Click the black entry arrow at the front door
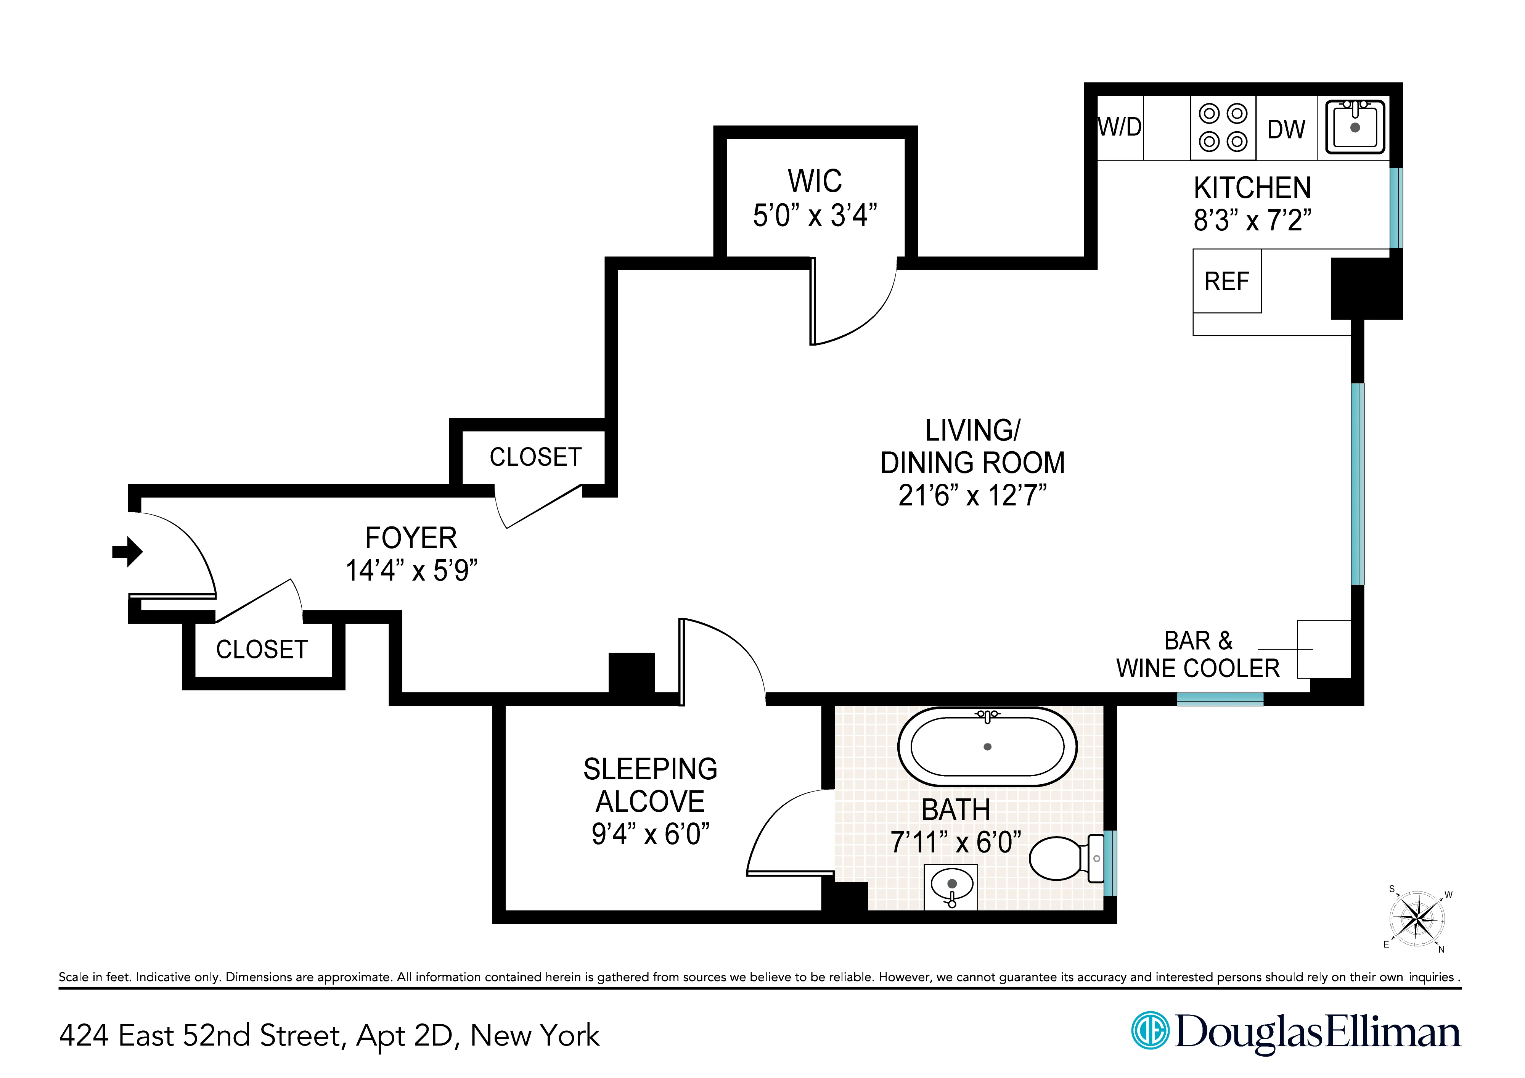(x=127, y=551)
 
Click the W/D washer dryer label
(x=1120, y=127)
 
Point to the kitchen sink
(x=1355, y=127)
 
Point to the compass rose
(x=1417, y=919)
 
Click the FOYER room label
(x=411, y=538)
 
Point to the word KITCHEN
(x=1252, y=188)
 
